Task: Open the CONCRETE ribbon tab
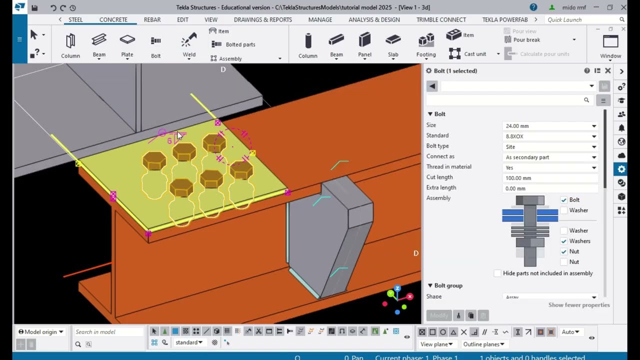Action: [x=113, y=19]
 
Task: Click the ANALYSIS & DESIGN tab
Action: [x=374, y=19]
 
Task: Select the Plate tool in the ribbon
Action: [x=127, y=45]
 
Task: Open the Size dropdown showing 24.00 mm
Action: [x=550, y=126]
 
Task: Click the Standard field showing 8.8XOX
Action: [x=550, y=136]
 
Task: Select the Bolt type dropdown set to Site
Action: [x=550, y=147]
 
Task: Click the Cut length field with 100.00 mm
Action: [x=550, y=178]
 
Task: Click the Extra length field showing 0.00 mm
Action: [x=550, y=188]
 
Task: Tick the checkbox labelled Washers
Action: [x=564, y=241]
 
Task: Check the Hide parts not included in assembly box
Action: [x=497, y=273]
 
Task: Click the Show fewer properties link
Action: [x=578, y=305]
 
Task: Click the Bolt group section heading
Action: [x=448, y=285]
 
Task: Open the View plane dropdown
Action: [x=436, y=344]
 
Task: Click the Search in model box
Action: [x=108, y=332]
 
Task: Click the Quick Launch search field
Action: [x=582, y=19]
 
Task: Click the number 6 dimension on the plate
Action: [x=169, y=141]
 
